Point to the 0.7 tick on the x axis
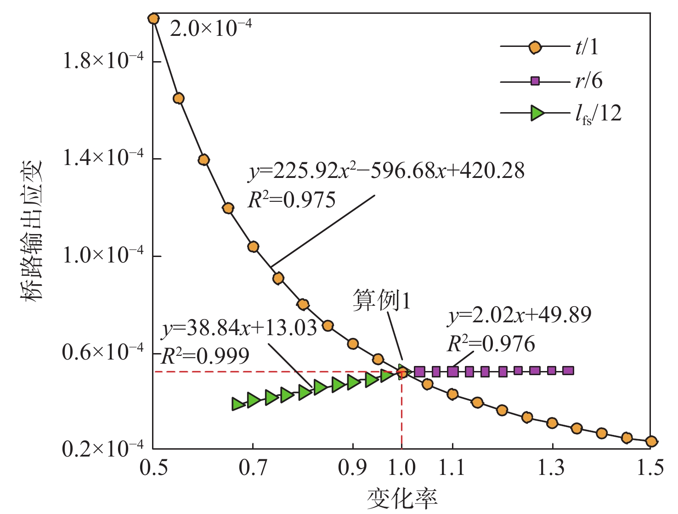tap(253, 468)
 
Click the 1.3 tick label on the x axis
tap(552, 468)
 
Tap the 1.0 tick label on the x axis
tap(401, 468)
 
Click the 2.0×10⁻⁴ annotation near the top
tap(211, 29)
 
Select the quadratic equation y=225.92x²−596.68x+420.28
tap(386, 171)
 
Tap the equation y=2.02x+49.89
tap(520, 315)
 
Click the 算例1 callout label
tap(381, 301)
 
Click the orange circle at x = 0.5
tap(153, 19)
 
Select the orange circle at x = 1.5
tap(651, 441)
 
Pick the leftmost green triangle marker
tap(238, 404)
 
